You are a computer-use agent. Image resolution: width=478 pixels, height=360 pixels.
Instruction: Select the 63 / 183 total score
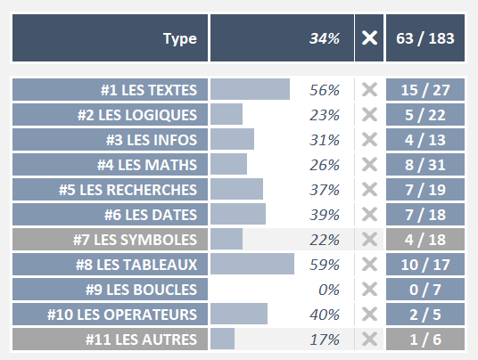click(x=426, y=38)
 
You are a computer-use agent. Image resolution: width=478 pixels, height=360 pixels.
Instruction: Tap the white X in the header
click(x=369, y=38)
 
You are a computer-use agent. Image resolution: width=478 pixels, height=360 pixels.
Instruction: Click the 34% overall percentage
click(x=324, y=38)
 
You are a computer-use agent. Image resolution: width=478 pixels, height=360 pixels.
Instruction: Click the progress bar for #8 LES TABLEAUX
click(x=252, y=265)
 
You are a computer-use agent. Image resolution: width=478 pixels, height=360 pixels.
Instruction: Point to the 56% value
click(x=325, y=90)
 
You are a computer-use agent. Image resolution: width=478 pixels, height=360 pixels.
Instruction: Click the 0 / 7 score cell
click(x=426, y=290)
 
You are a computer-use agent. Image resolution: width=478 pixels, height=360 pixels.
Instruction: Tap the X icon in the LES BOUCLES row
click(x=369, y=290)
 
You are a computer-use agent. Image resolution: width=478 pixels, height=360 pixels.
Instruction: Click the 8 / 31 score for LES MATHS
click(x=426, y=165)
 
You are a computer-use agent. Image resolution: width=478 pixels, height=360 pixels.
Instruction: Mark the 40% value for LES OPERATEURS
click(x=325, y=315)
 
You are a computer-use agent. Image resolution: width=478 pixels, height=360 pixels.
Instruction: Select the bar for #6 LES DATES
click(x=238, y=215)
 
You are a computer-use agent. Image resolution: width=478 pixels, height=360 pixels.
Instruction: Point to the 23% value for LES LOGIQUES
click(x=325, y=115)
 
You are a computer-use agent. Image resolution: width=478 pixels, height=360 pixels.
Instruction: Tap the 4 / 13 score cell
click(x=426, y=140)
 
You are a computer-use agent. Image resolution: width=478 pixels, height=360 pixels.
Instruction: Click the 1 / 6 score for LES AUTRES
click(x=426, y=340)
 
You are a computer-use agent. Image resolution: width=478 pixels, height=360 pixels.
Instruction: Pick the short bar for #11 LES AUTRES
click(x=223, y=340)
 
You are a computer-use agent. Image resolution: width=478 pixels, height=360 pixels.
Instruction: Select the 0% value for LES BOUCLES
click(x=329, y=290)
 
